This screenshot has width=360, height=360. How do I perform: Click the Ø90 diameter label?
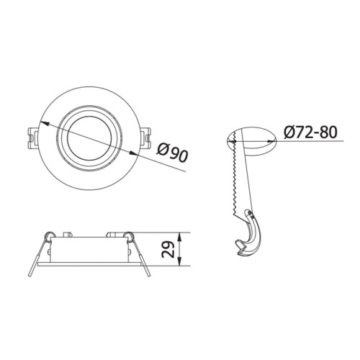[172, 152]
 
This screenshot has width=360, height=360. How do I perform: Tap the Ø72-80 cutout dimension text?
[310, 132]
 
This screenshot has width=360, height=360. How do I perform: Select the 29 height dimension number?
[168, 249]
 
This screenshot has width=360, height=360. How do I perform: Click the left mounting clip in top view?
[32, 139]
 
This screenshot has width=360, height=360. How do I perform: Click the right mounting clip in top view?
[145, 139]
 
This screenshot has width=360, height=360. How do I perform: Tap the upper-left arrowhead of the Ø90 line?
[45, 124]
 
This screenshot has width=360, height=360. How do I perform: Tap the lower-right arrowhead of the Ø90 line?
[133, 153]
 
